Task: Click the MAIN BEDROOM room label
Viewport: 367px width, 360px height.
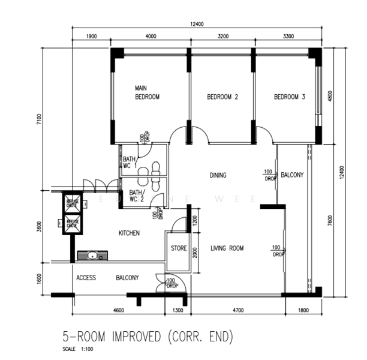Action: [x=146, y=92]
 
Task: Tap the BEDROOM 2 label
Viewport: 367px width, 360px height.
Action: [x=222, y=97]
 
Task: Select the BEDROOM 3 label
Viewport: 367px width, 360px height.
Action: [x=290, y=97]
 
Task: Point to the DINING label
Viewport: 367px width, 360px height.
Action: [x=218, y=175]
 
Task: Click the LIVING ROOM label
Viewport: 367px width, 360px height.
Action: [x=227, y=248]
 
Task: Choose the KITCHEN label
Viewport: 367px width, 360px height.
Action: [x=129, y=233]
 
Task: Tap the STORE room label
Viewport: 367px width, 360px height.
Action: [x=179, y=248]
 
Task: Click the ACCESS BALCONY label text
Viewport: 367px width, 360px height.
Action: [x=107, y=278]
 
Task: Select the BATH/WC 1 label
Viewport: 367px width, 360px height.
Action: [x=130, y=162]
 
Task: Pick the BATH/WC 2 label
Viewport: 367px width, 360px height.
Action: [x=136, y=196]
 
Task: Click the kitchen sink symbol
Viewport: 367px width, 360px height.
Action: [x=92, y=256]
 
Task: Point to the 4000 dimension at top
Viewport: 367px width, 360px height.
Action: [x=151, y=37]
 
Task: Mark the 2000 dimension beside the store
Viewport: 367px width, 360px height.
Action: [x=194, y=253]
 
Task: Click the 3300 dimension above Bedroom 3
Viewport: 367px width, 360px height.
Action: [x=288, y=37]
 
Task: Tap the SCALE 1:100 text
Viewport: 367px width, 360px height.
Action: [x=77, y=349]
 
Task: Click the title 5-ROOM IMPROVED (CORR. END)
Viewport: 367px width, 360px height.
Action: [x=147, y=336]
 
